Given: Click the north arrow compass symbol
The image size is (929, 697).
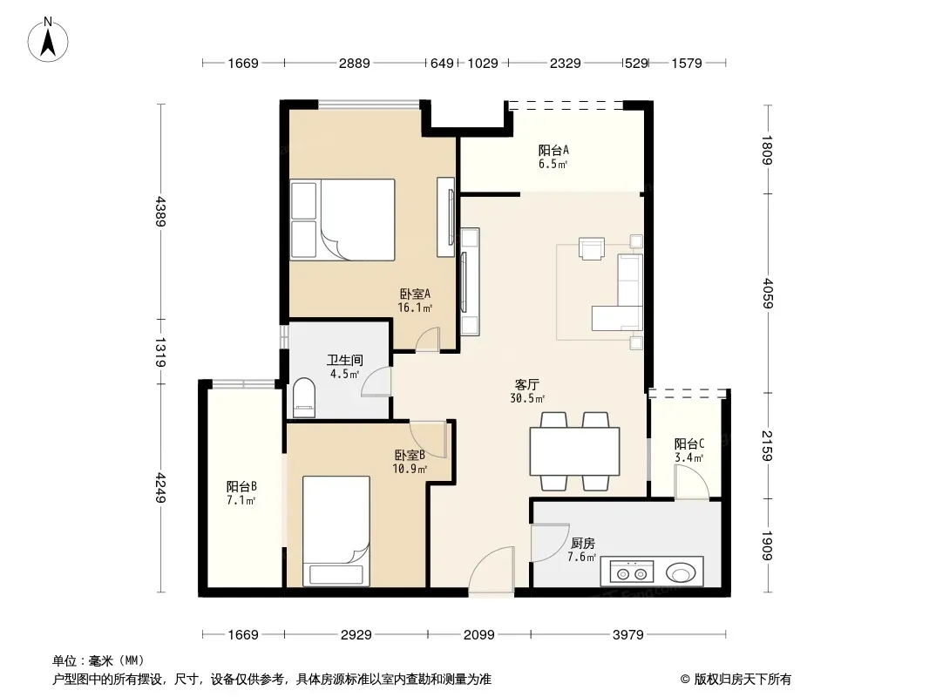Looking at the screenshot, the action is (48, 40).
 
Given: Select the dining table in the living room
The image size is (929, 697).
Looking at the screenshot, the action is (574, 451).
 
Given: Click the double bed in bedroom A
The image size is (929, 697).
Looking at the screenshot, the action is (342, 220).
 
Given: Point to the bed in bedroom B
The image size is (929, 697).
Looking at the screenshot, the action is (336, 531).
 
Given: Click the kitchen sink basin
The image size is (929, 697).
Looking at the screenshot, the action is (680, 573).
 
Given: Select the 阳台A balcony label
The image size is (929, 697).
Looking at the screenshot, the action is (553, 151).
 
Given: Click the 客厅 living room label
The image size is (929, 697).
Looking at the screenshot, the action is (526, 385).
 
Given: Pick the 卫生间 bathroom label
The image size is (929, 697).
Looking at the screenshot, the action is (345, 360).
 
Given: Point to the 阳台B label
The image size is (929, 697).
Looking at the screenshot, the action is (241, 487).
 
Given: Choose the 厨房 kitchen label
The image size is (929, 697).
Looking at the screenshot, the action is (582, 543).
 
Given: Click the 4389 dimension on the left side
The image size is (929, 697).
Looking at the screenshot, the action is (160, 212).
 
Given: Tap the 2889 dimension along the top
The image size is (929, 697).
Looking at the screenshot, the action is (355, 63).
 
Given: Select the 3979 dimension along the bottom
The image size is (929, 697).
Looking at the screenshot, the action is (628, 635).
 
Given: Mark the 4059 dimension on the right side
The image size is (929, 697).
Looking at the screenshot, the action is (767, 293).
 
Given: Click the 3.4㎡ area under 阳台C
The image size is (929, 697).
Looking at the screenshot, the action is (689, 457).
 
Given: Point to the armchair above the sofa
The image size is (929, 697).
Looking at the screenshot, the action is (591, 248).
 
